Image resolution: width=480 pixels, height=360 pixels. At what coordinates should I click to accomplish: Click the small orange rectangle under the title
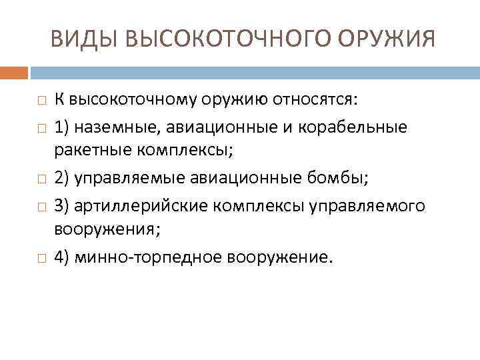coord(14,72)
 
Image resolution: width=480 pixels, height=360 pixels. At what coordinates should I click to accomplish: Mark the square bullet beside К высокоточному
coord(41,101)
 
